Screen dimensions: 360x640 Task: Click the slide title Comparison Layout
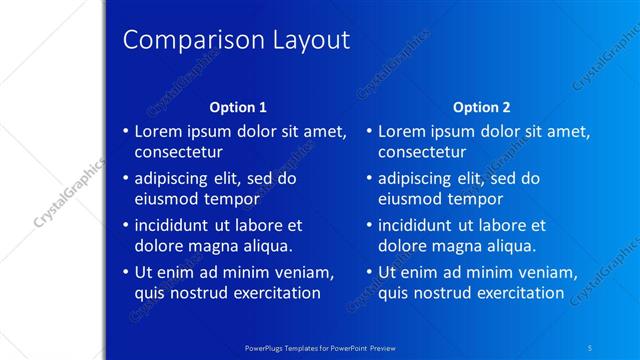tap(236, 40)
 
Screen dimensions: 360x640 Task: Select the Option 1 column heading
tap(237, 107)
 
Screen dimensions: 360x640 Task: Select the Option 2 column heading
tap(481, 107)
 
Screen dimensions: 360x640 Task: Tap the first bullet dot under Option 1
tap(125, 132)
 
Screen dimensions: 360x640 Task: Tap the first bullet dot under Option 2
tap(369, 132)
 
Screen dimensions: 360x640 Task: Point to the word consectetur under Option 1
tap(178, 152)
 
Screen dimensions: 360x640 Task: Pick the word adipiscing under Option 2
tap(414, 179)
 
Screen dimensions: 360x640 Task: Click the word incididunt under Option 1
tap(176, 226)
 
